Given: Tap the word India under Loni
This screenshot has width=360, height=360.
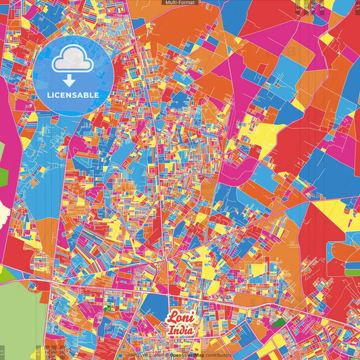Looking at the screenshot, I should coord(181,330).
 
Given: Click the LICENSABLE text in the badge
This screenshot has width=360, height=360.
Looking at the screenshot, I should coord(74,95).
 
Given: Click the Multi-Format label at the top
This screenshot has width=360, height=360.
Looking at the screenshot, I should coord(180,3).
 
